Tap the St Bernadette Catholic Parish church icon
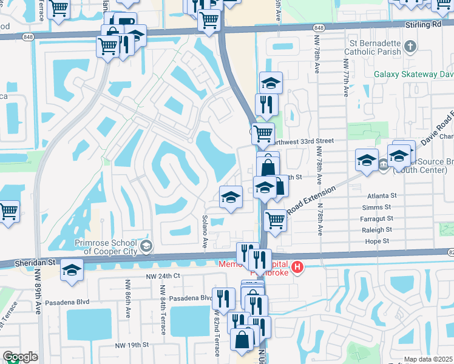410,46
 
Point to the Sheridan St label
35,263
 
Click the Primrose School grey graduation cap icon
146,246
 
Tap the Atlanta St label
381,196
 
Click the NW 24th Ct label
164,275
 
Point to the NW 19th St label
132,345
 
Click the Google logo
19,357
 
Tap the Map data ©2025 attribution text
428,359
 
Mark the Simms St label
381,207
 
